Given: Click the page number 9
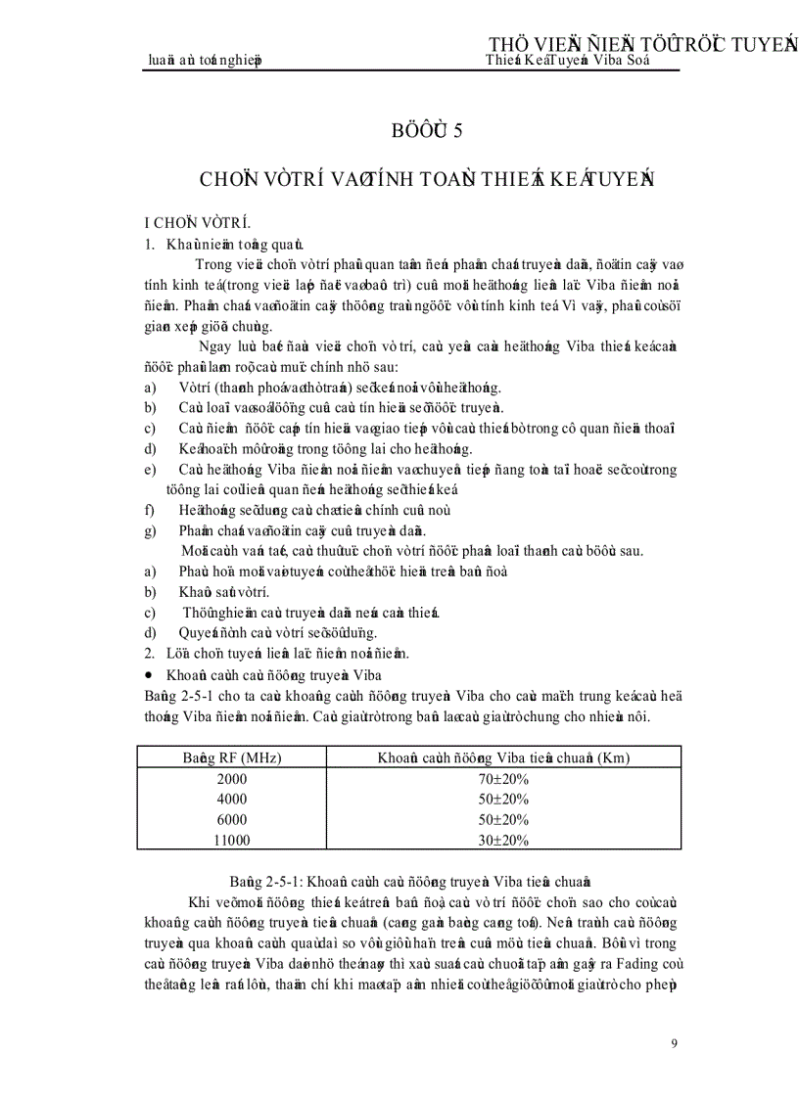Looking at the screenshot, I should click(675, 1042).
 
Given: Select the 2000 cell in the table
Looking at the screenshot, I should click(232, 779).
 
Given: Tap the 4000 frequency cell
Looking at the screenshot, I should click(232, 800).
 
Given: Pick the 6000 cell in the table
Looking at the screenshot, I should click(232, 819).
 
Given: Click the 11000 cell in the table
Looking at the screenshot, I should click(232, 840).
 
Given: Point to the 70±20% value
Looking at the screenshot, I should click(504, 779).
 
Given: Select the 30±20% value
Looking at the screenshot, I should click(504, 840).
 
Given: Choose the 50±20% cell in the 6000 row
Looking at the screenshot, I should click(504, 819).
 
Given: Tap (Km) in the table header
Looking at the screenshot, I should click(613, 758).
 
